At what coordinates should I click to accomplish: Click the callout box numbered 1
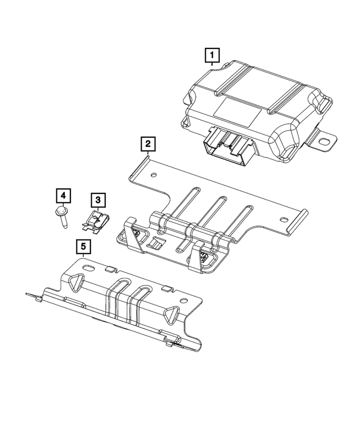point(211,55)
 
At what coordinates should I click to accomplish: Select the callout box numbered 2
point(147,145)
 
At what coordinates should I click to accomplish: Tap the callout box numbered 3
point(97,199)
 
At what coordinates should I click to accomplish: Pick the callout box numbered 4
point(63,196)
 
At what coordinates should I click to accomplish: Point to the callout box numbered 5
point(83,246)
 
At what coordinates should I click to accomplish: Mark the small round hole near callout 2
point(154,175)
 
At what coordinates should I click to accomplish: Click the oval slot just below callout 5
point(88,264)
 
